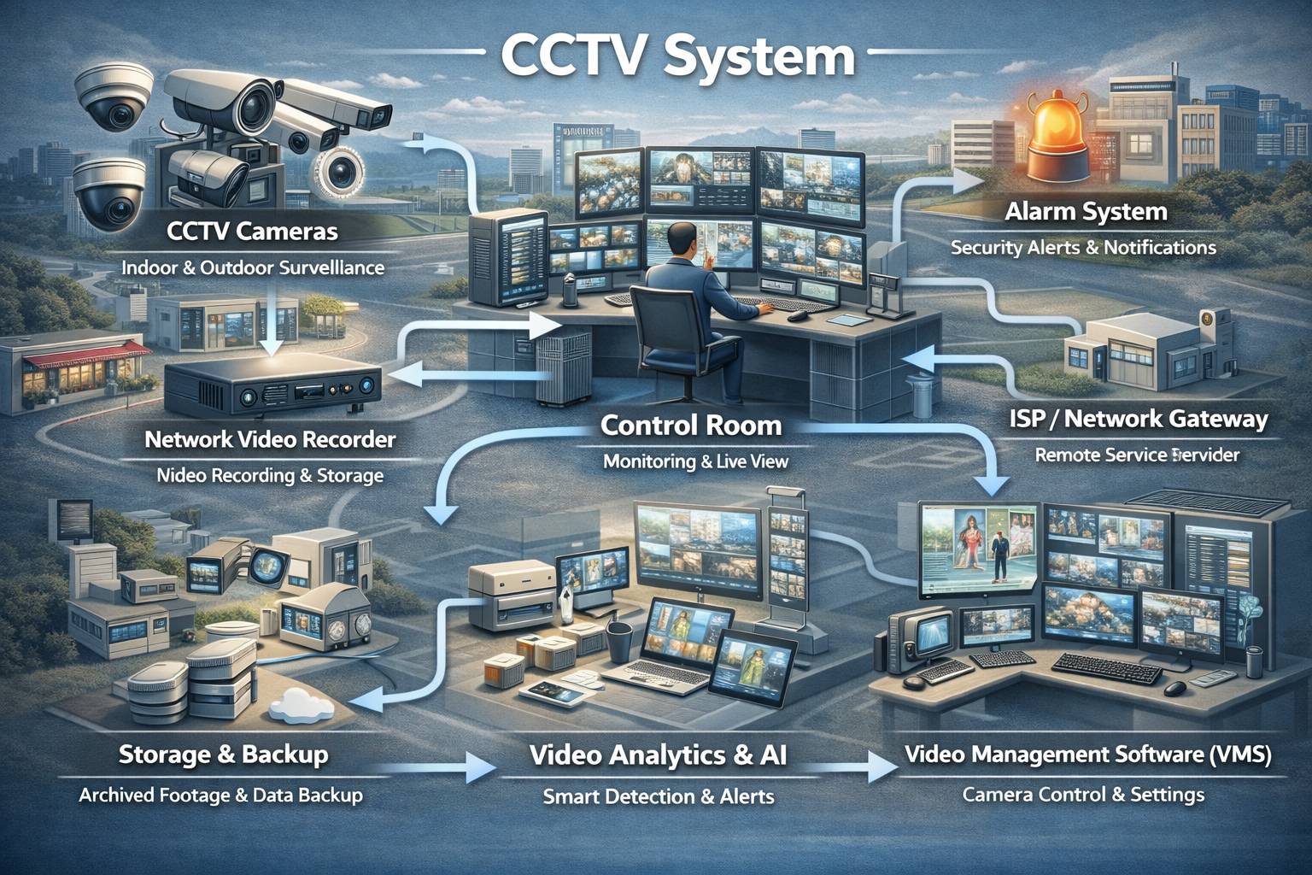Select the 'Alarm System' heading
pos(1086,211)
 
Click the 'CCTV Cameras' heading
pos(252,231)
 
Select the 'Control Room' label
pos(690,425)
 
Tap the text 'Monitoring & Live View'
pos(695,461)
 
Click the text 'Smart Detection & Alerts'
pos(659,797)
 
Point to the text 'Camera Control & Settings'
pos(1083,795)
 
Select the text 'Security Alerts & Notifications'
pos(1083,248)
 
